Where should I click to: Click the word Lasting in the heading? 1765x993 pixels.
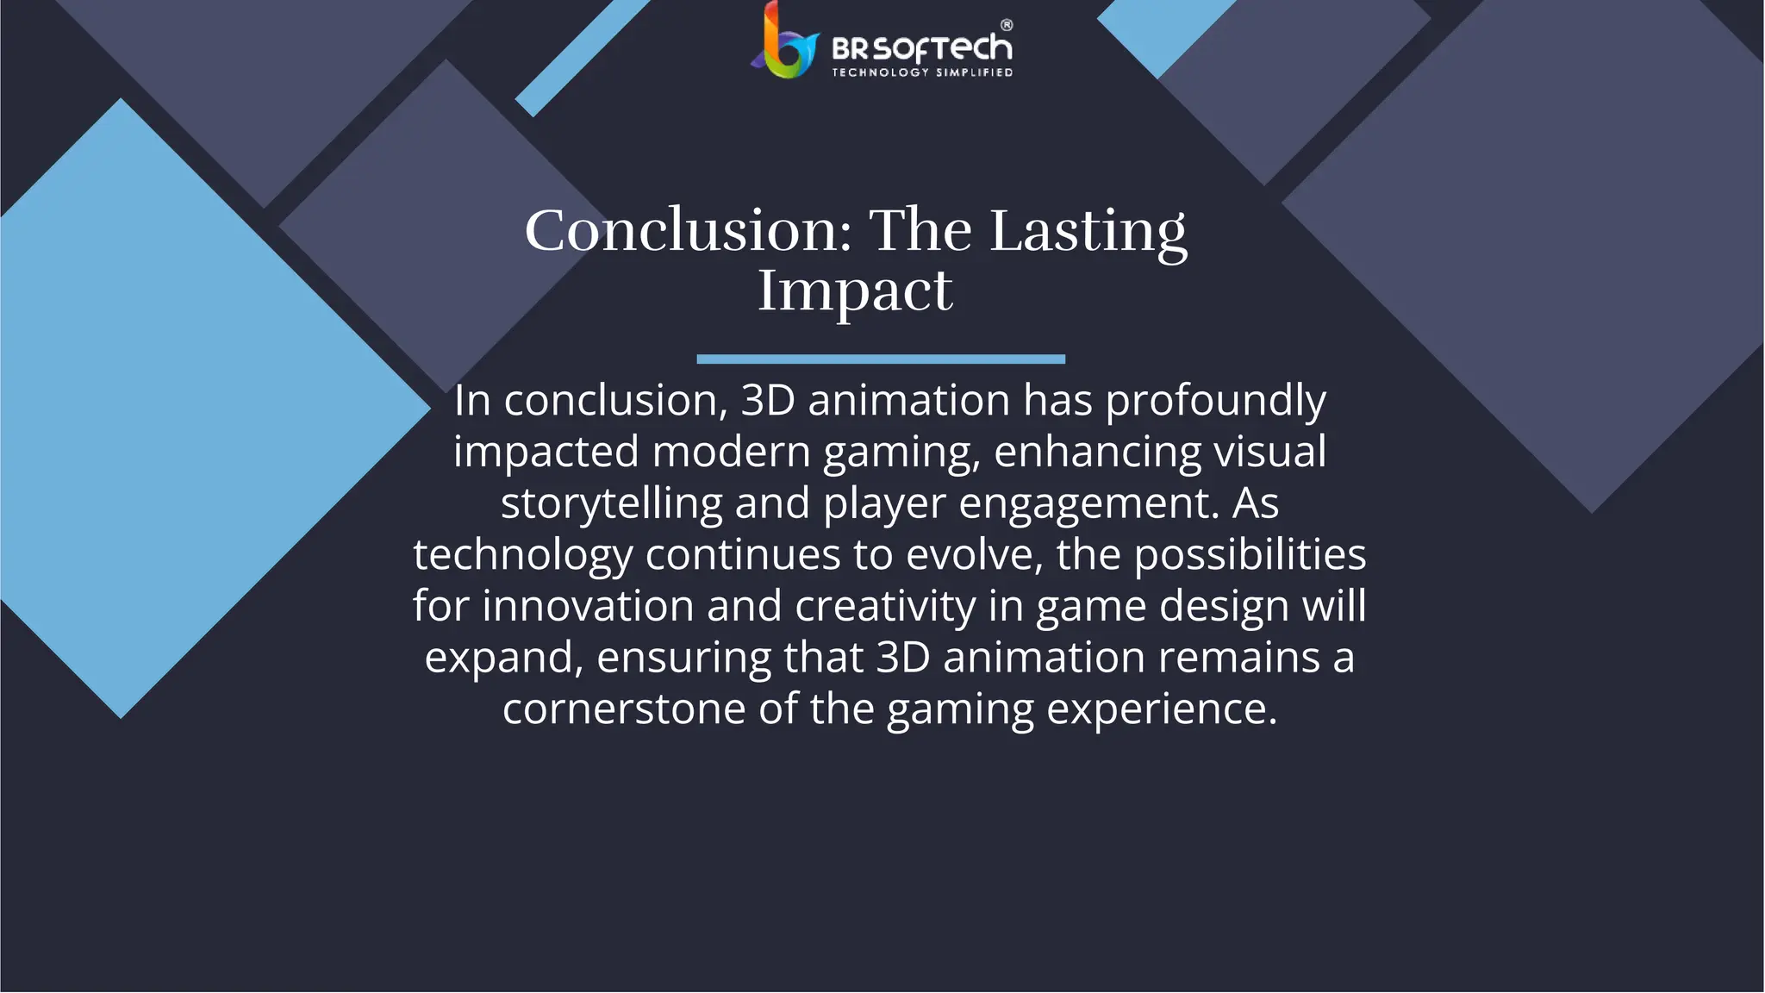1088,231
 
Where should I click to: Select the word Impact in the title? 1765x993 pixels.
855,290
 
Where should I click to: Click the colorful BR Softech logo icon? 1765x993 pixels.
784,43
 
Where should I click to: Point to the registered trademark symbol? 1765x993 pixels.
1007,25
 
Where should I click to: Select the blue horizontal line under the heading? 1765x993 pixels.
881,359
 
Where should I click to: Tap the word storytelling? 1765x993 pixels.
611,503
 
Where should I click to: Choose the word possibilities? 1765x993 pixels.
1250,554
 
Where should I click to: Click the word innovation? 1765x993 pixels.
588,606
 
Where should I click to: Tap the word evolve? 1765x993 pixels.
974,554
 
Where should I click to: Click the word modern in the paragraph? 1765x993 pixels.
731,452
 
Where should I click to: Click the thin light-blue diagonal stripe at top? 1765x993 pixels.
582,57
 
